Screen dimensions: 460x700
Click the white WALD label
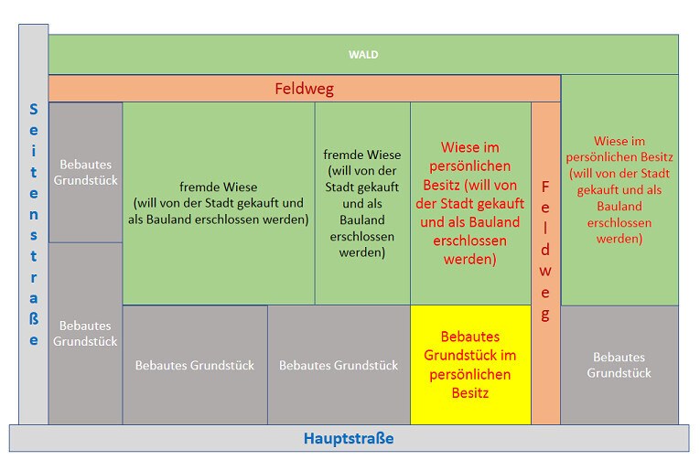point(363,55)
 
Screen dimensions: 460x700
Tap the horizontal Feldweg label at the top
point(304,89)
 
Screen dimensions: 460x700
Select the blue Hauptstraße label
point(349,439)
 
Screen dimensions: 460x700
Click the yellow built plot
point(469,365)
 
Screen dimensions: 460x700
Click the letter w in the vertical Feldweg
point(545,271)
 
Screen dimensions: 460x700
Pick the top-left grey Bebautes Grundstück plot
point(85,172)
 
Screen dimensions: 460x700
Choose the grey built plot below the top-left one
point(85,333)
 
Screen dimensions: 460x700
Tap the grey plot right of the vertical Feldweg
point(619,365)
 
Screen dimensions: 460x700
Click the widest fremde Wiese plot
point(220,203)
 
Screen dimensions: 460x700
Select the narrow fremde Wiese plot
point(362,203)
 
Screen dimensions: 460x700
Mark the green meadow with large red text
point(469,203)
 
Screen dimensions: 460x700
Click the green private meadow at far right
point(619,189)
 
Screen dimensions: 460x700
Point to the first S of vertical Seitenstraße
point(34,109)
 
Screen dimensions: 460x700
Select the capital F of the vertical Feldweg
point(545,187)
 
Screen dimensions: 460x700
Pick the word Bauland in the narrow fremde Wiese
point(361,220)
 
